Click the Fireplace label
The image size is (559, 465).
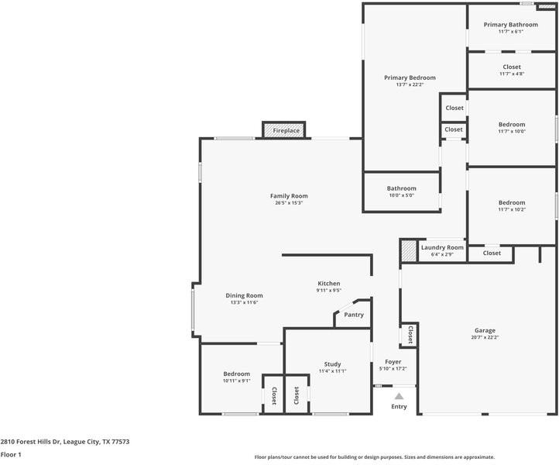pos(286,131)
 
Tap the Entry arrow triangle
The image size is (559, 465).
pos(399,396)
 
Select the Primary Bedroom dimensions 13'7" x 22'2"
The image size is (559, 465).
pos(410,84)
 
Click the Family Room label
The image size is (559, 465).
pos(289,196)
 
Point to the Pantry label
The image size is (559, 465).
pos(354,315)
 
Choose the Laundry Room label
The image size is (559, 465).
pos(442,247)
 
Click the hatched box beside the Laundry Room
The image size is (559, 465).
pos(409,251)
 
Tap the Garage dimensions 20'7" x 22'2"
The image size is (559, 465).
pos(485,337)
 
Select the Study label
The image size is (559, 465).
pos(332,364)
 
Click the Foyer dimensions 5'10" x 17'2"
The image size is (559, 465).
pos(393,369)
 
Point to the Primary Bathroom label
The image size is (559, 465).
pos(511,25)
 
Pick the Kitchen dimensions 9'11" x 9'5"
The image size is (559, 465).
pos(329,291)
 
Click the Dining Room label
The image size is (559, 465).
pos(244,295)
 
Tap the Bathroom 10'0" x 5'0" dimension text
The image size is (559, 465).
pos(401,195)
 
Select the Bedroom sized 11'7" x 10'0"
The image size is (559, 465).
pos(512,125)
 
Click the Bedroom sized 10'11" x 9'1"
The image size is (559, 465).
pos(237,374)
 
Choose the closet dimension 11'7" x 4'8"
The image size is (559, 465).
pos(512,74)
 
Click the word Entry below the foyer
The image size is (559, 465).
pos(399,406)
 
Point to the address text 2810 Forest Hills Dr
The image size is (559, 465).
pos(31,442)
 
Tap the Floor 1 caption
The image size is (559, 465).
pos(11,455)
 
